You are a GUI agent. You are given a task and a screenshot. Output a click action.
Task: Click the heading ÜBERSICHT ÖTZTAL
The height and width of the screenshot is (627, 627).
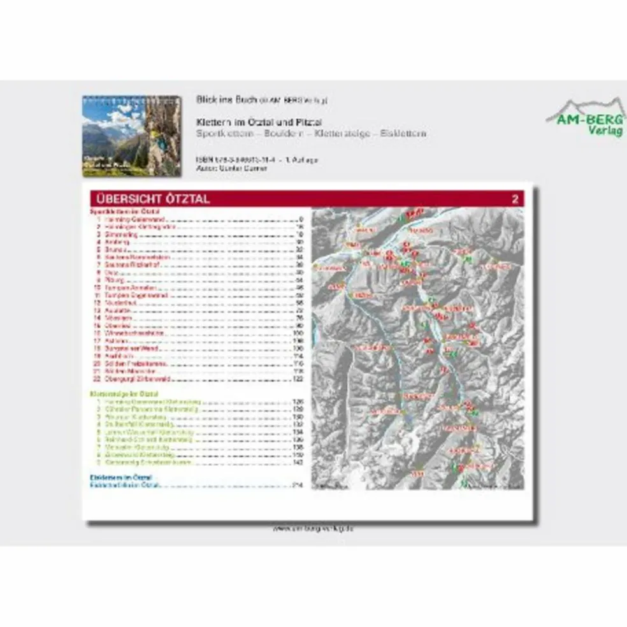coord(151,199)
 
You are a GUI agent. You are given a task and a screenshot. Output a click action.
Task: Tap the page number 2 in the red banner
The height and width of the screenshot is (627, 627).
coord(515,199)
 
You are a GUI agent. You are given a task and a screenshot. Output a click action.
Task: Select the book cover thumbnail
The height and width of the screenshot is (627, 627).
coord(132,136)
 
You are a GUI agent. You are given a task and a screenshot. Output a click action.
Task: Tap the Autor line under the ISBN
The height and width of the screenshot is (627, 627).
coord(232,168)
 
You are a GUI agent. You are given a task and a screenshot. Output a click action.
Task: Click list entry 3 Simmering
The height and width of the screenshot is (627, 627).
coord(119,234)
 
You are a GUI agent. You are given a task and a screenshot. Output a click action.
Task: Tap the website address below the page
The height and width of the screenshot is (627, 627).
coord(312,528)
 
